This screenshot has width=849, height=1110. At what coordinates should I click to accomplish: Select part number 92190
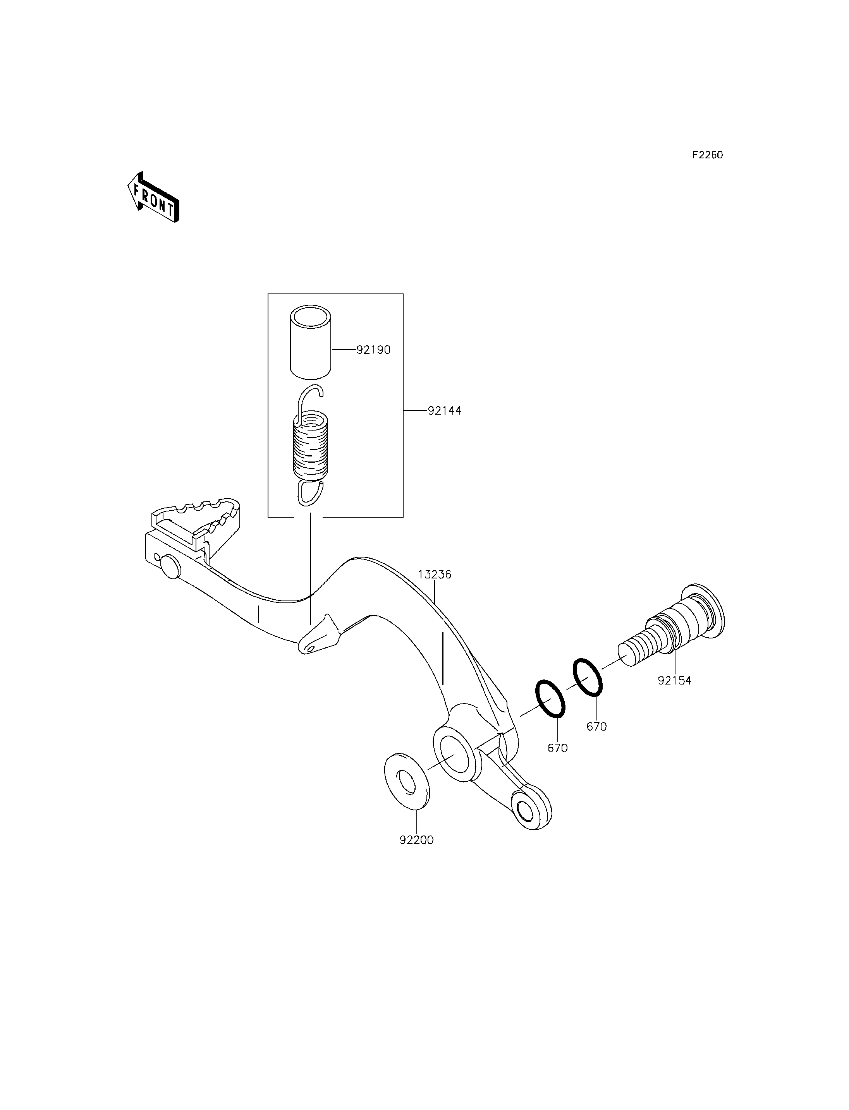click(x=373, y=350)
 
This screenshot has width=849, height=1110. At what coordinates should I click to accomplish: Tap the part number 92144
click(x=445, y=411)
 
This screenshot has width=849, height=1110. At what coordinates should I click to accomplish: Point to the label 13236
click(x=435, y=575)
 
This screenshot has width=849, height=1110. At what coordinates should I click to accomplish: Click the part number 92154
click(x=675, y=681)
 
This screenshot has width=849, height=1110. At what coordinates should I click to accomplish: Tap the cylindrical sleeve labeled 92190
click(x=310, y=341)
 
